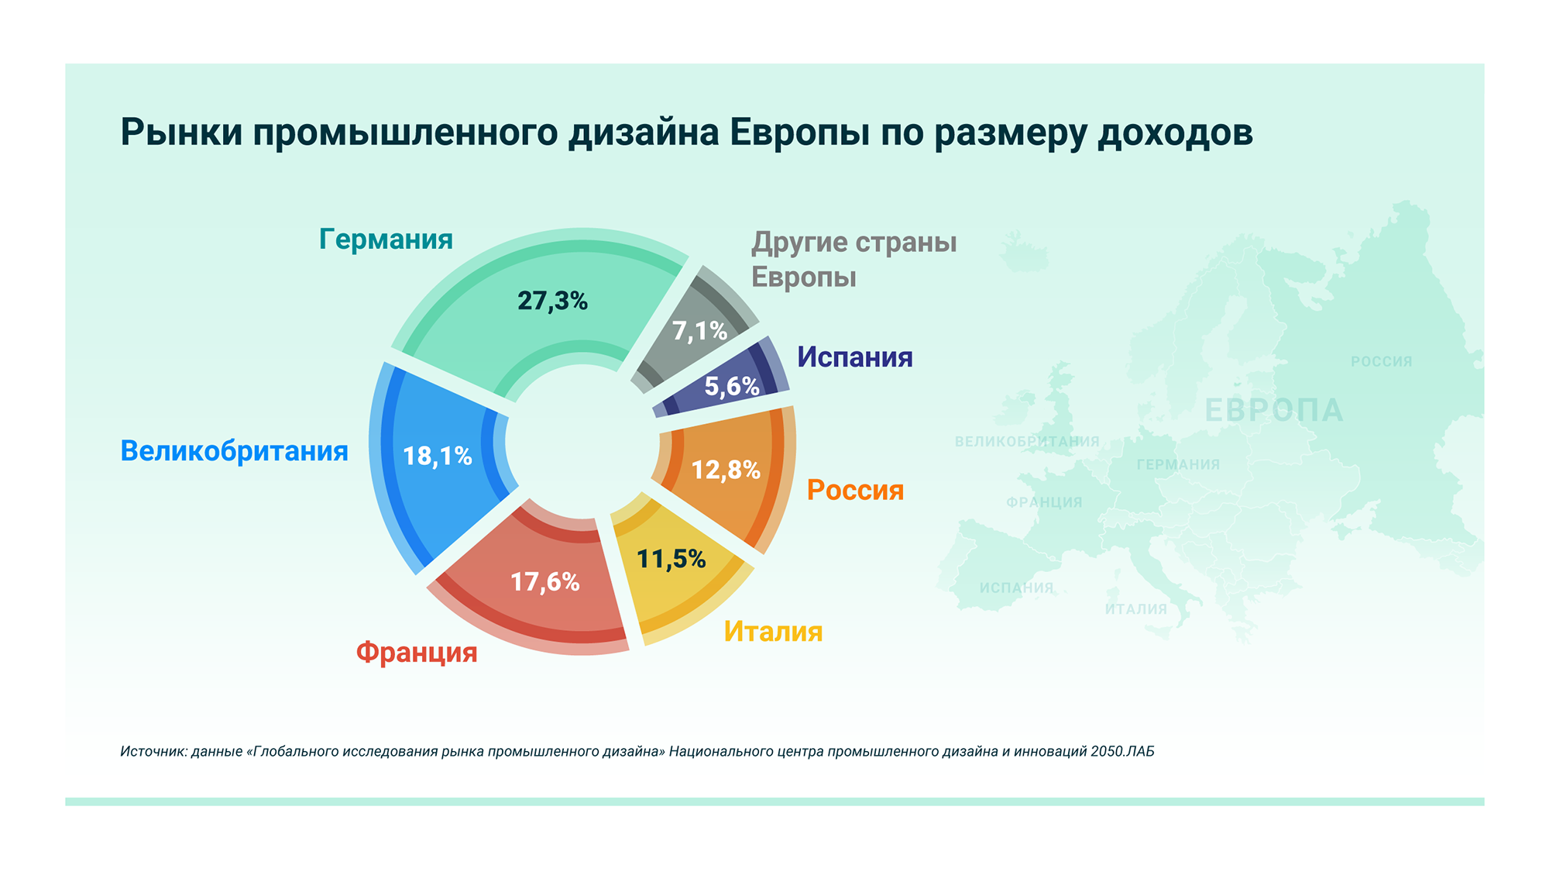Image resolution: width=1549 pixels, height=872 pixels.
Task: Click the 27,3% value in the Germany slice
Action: (552, 300)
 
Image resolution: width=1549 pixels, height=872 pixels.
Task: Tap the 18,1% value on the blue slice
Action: (438, 456)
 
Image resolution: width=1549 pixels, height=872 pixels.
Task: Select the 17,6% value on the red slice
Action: (544, 581)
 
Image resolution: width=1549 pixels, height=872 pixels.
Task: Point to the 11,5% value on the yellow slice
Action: (671, 558)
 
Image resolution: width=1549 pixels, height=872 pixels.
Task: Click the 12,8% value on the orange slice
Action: (726, 469)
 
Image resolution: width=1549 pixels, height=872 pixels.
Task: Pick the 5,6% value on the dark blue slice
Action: (732, 385)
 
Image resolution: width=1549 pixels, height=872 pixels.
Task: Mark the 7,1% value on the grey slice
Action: (699, 331)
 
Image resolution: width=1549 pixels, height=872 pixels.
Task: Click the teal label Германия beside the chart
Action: (386, 239)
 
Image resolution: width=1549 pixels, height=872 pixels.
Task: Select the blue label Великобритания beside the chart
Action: (234, 450)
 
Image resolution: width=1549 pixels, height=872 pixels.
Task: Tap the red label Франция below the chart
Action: (417, 652)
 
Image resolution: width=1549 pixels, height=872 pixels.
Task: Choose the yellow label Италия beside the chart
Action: (773, 631)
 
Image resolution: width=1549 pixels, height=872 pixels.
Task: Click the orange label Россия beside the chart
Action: (855, 490)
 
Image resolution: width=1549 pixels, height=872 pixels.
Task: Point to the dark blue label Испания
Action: (855, 357)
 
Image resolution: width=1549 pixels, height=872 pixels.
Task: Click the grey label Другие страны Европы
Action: (853, 259)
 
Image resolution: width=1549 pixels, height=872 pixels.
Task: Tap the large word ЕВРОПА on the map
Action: (1274, 410)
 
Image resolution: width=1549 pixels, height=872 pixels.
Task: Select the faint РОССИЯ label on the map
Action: (1381, 361)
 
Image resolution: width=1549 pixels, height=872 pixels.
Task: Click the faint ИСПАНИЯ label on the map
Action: (1016, 588)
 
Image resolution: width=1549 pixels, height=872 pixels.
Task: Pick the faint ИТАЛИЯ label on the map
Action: (1135, 608)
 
